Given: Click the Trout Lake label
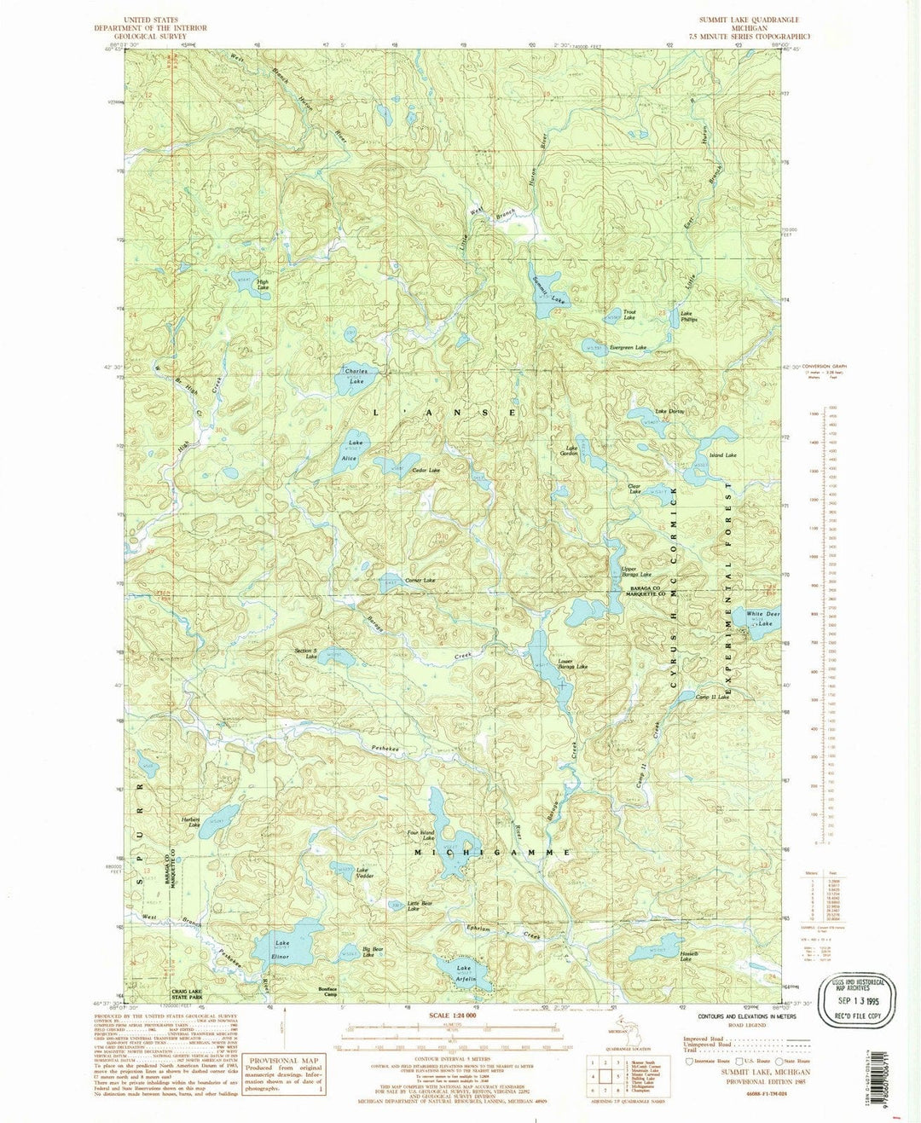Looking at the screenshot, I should tap(629, 315).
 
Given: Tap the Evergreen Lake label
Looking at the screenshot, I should tap(628, 348).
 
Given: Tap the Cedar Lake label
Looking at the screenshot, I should tap(426, 471).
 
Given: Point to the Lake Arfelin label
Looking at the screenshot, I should tap(465, 975).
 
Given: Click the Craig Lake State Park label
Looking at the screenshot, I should tap(192, 996).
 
